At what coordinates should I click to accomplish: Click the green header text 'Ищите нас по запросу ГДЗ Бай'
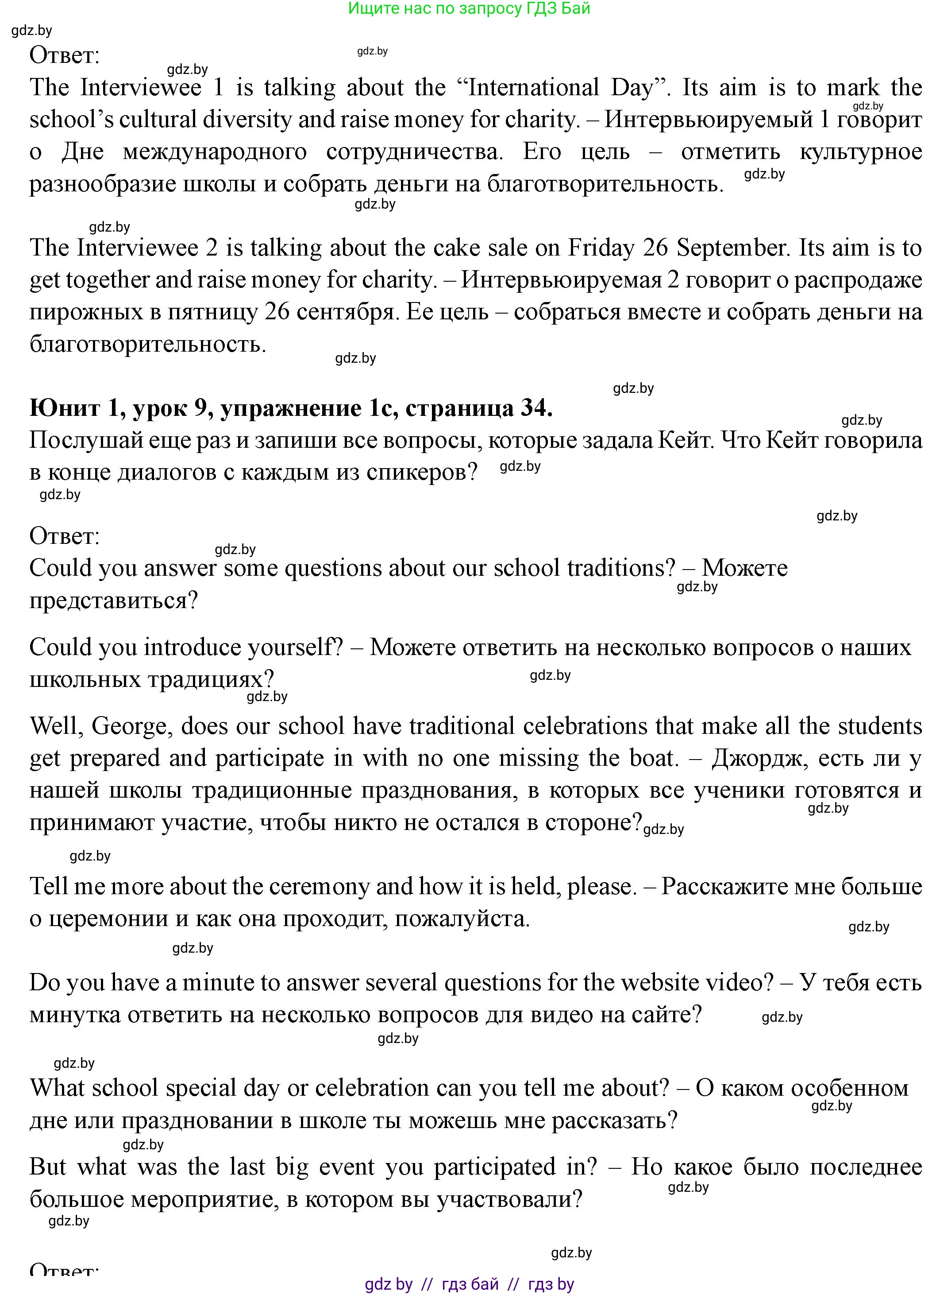pyautogui.click(x=469, y=8)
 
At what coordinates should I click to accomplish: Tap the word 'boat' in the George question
pyautogui.click(x=655, y=758)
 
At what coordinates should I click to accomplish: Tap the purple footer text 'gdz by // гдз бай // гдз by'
pyautogui.click(x=469, y=1284)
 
